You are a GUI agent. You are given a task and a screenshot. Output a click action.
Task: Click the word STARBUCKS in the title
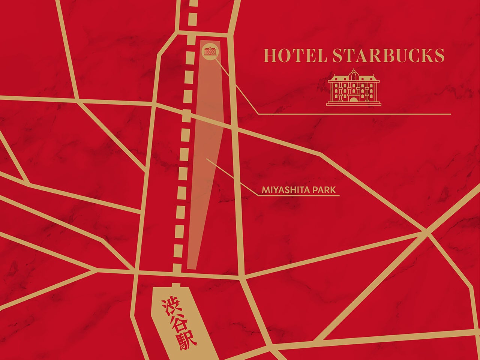coord(388,55)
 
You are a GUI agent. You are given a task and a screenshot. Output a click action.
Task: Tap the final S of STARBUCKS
coord(439,55)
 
